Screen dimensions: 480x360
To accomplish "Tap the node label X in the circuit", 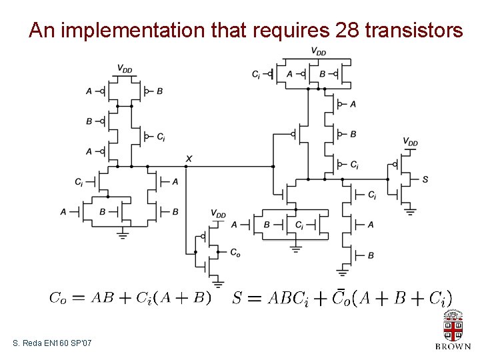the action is (x=189, y=158).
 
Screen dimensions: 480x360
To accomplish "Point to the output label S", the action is (x=425, y=179).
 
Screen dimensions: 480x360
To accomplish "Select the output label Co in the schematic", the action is (x=235, y=253).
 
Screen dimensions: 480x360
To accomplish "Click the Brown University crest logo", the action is (x=453, y=327).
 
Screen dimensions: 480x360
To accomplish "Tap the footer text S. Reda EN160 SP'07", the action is (x=53, y=343).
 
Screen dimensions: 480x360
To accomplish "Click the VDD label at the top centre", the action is (x=319, y=51).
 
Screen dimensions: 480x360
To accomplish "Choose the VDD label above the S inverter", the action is (x=410, y=142).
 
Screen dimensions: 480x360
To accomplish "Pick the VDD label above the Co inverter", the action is (x=218, y=214).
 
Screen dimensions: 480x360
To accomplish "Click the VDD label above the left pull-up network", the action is (x=125, y=68).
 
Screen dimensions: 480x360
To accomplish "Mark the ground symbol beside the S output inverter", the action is (x=411, y=211).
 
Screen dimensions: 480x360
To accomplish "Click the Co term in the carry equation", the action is (x=58, y=299).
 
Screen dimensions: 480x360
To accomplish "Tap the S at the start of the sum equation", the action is (x=237, y=298).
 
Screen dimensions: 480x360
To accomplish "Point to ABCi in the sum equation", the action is (x=288, y=298).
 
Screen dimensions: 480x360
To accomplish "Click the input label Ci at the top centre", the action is (x=256, y=74).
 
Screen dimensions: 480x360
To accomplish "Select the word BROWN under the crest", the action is (x=453, y=346).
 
